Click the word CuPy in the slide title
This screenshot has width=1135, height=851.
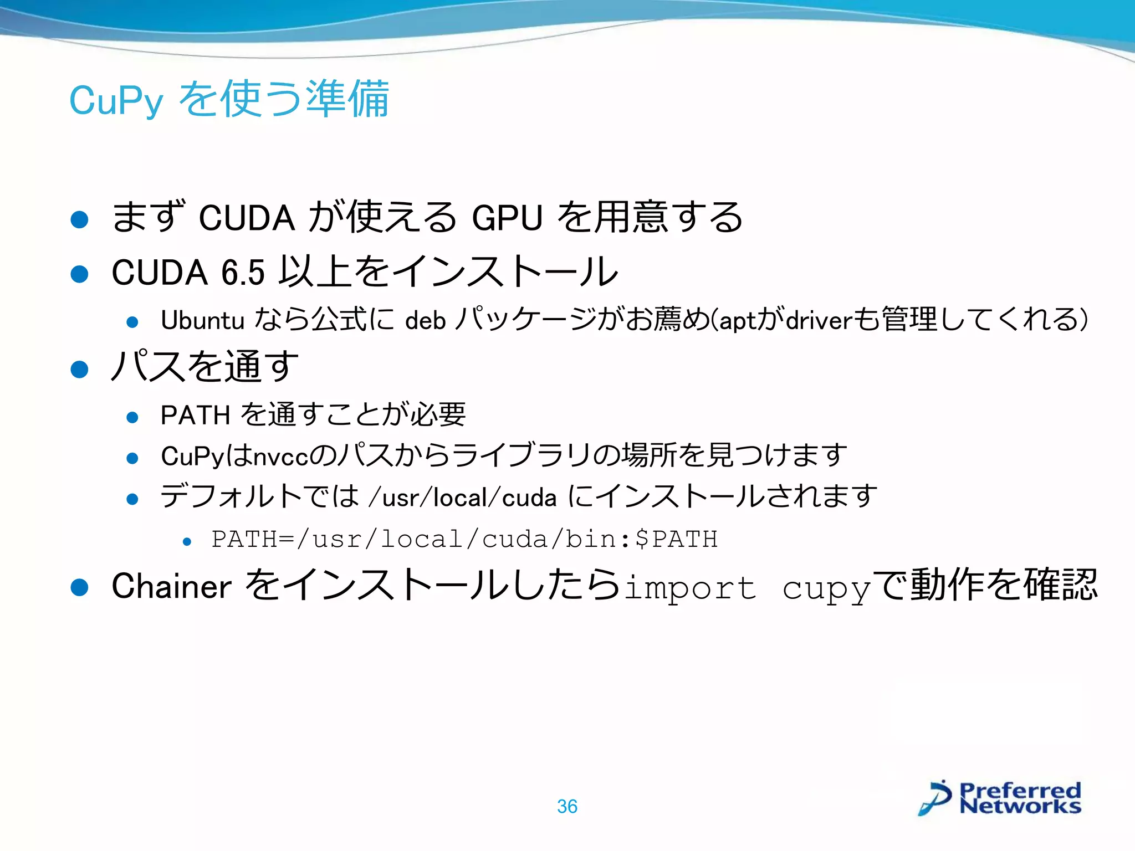pos(116,101)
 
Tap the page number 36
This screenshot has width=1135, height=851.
pos(567,806)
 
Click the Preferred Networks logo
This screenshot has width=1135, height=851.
pos(1000,798)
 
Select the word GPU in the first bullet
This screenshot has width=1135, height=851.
pos(507,217)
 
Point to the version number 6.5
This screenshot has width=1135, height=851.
pos(243,273)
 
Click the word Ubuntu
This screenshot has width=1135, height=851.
pos(202,320)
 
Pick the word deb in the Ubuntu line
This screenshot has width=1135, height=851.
pos(426,320)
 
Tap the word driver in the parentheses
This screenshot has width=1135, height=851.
pos(819,320)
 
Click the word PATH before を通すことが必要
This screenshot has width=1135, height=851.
pos(195,415)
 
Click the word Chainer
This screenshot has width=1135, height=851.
pos(171,586)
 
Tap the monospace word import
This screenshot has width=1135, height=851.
pos(690,588)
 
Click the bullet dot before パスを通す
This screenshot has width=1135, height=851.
pos(80,369)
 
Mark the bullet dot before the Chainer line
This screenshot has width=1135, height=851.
pos(80,587)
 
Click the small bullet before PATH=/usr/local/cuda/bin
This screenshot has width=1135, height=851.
pos(187,541)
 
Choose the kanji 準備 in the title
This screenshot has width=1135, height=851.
pos(347,100)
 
